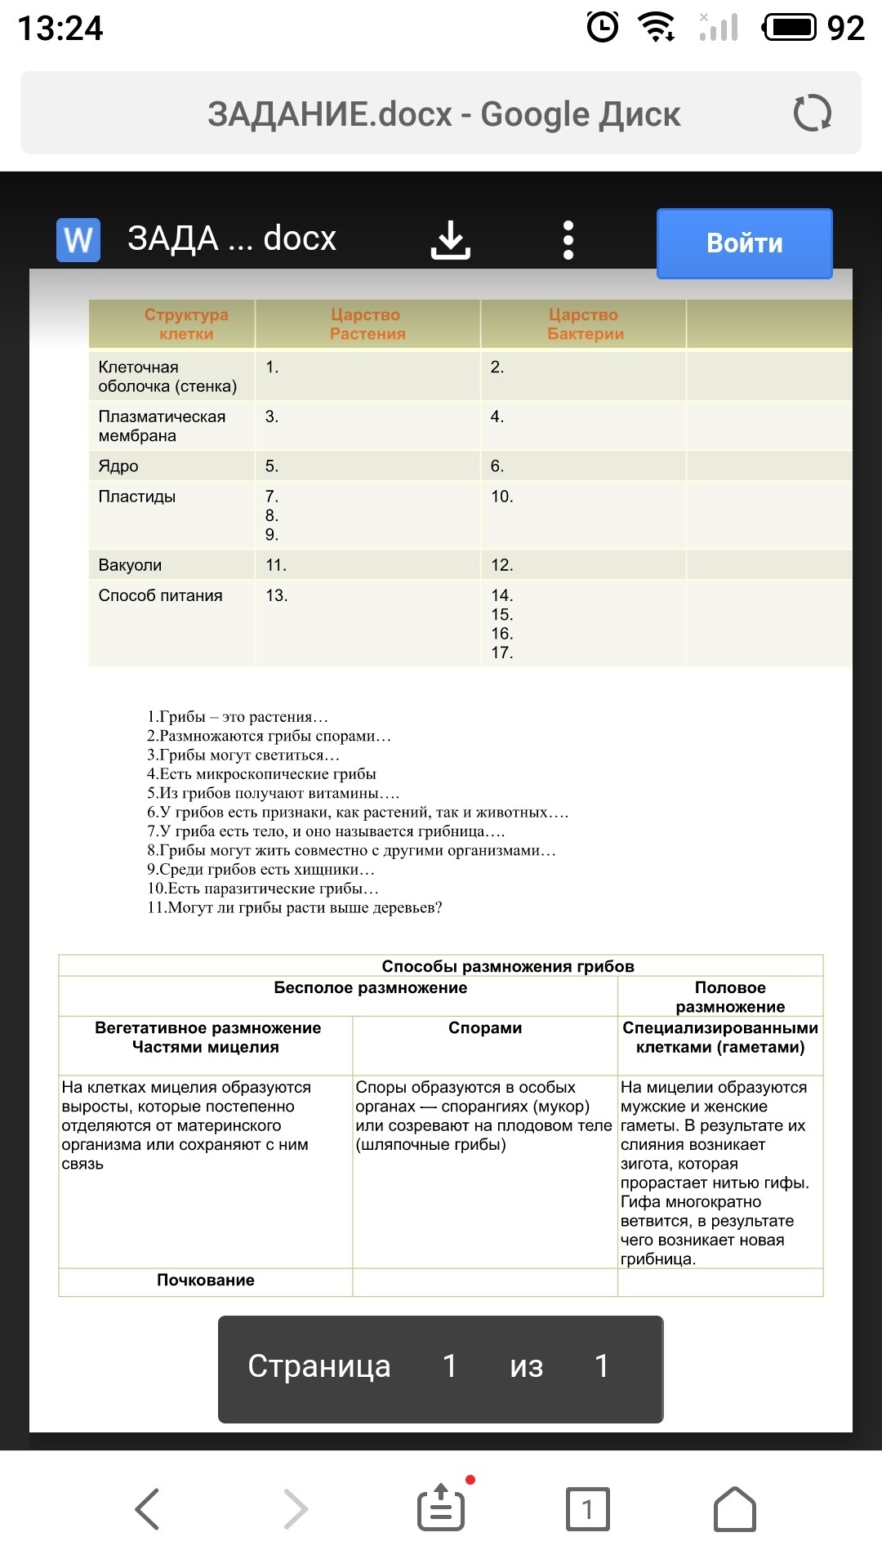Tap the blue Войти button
[744, 243]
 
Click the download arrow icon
[451, 241]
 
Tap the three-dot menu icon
[568, 241]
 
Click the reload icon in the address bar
[812, 113]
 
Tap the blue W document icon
[78, 240]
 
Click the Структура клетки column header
[186, 324]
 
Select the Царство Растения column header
[367, 324]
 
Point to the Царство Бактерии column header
[585, 324]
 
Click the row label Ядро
[118, 466]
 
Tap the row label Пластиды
[137, 497]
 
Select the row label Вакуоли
[130, 565]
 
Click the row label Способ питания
[160, 595]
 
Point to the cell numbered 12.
[501, 565]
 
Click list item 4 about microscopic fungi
[261, 773]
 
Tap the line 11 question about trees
[294, 907]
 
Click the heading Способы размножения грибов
[508, 966]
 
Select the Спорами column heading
[485, 1027]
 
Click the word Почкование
[206, 1280]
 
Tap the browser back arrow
[147, 1508]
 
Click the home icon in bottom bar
[735, 1508]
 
